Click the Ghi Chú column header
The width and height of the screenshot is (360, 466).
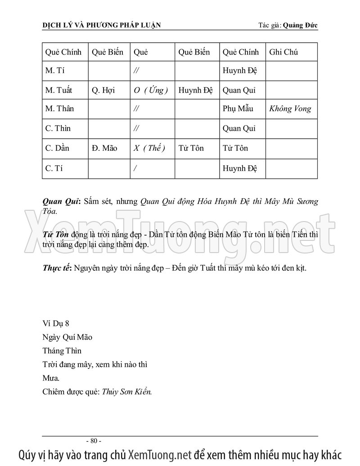point(283,52)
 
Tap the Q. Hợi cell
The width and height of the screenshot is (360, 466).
point(103,90)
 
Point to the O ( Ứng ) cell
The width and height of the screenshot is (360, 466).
point(151,90)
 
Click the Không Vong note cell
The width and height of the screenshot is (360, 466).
point(290,109)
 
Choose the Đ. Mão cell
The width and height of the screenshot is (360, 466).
point(104,148)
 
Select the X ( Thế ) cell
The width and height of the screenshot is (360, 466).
point(149,148)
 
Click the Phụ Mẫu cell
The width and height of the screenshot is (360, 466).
point(238,109)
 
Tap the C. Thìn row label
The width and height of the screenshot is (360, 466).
point(58,129)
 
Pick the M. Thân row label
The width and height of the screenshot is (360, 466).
point(60,109)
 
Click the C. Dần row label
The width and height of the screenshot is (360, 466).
point(57,148)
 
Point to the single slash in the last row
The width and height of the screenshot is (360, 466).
point(135,168)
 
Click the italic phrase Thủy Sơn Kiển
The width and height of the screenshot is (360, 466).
point(127,391)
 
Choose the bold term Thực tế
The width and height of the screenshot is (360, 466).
point(57,268)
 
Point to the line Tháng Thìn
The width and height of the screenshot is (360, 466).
point(62,350)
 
